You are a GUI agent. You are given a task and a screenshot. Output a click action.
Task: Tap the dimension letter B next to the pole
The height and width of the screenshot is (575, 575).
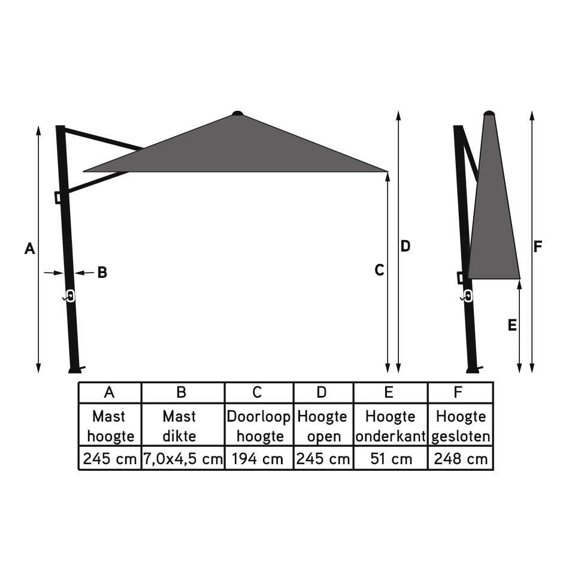click(102, 273)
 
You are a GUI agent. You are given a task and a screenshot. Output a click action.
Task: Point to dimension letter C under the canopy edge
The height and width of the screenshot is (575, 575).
click(379, 270)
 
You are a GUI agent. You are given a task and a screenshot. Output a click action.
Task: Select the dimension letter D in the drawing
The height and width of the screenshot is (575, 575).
click(405, 246)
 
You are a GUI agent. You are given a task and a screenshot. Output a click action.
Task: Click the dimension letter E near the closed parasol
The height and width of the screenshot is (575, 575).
click(512, 325)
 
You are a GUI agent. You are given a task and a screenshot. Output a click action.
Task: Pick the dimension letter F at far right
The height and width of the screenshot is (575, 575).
click(538, 246)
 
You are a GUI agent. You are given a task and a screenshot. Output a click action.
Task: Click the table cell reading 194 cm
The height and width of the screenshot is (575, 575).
click(259, 459)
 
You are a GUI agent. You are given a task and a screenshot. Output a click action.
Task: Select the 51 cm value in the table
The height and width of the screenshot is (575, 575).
click(391, 459)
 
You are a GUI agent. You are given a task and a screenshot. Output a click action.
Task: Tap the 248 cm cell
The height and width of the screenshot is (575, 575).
click(461, 459)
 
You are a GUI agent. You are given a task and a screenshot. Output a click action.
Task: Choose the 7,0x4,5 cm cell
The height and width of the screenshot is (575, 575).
click(183, 459)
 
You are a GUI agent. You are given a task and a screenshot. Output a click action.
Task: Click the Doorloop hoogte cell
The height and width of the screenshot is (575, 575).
click(259, 426)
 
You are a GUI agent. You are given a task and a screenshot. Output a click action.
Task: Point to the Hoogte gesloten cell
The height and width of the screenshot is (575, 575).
click(461, 426)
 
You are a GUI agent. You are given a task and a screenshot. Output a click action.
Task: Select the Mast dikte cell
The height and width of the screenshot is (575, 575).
click(183, 426)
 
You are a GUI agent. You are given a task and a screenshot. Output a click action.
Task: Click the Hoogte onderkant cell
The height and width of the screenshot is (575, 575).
click(391, 426)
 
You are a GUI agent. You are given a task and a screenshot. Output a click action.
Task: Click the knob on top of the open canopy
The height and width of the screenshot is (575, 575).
click(238, 113)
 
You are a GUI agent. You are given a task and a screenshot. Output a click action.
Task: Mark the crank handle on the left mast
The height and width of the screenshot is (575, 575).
click(69, 296)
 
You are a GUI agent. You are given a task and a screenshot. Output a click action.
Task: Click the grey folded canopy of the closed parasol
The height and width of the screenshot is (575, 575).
click(493, 222)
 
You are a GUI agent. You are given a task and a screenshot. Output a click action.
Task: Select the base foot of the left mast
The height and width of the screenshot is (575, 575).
click(75, 369)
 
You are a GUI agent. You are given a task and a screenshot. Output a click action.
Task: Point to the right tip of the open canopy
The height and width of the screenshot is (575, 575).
click(386, 171)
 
